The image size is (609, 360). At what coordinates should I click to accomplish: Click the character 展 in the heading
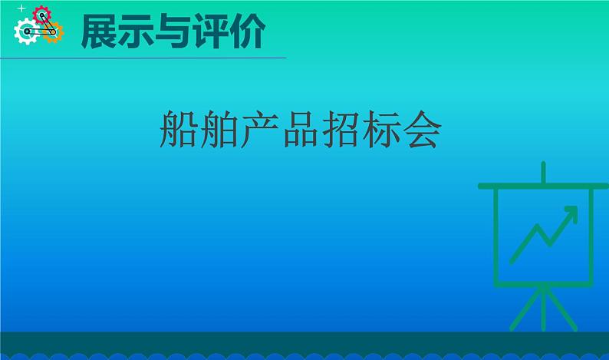pyautogui.click(x=100, y=31)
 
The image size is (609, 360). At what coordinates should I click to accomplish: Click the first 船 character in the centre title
pyautogui.click(x=178, y=128)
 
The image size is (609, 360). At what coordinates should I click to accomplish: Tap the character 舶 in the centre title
pyautogui.click(x=219, y=128)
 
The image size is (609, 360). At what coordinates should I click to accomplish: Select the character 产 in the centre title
pyautogui.click(x=259, y=128)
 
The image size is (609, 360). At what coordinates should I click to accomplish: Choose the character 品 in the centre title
pyautogui.click(x=300, y=128)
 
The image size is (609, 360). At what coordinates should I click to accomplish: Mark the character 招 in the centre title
pyautogui.click(x=341, y=128)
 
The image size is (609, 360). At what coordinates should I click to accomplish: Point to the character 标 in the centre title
pyautogui.click(x=381, y=128)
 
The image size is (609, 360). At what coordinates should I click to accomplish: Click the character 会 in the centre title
pyautogui.click(x=422, y=128)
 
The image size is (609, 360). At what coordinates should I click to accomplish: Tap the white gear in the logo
pyautogui.click(x=25, y=31)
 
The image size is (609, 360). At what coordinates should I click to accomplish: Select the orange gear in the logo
pyautogui.click(x=52, y=32)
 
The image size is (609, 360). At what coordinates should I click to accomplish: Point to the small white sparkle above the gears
pyautogui.click(x=21, y=8)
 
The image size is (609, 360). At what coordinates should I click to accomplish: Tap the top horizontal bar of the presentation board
pyautogui.click(x=543, y=186)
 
